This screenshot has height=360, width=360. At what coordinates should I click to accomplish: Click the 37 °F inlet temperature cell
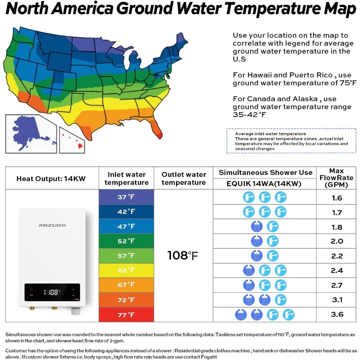[x=126, y=197]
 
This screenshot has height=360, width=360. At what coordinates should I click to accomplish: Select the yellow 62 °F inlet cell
[x=126, y=270]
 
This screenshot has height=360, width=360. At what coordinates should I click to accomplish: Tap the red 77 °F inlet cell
[x=126, y=315]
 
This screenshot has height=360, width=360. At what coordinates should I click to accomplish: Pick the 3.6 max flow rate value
[x=337, y=314]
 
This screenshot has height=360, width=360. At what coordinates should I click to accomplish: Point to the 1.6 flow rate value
[x=337, y=198]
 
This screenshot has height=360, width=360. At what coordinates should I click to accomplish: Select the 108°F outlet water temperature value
[x=183, y=256]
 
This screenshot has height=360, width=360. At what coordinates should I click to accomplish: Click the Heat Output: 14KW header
[x=51, y=179]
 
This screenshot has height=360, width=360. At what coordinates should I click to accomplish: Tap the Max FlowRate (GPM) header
[x=336, y=178]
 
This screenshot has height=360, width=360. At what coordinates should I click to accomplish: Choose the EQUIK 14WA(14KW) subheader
[x=264, y=184]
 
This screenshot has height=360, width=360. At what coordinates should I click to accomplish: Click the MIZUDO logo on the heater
[x=52, y=225]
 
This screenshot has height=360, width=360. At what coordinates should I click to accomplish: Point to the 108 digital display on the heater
[x=53, y=292]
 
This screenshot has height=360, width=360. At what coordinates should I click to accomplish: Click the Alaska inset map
[x=31, y=134]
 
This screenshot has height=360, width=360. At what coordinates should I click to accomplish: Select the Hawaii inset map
[x=72, y=140]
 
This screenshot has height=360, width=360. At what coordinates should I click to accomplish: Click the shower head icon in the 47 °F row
[x=257, y=226]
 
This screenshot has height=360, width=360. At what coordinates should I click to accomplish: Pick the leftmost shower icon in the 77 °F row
[x=241, y=315]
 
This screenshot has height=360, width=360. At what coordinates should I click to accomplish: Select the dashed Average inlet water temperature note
[x=291, y=141]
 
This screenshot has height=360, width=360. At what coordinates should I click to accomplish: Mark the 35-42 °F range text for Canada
[x=249, y=114]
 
